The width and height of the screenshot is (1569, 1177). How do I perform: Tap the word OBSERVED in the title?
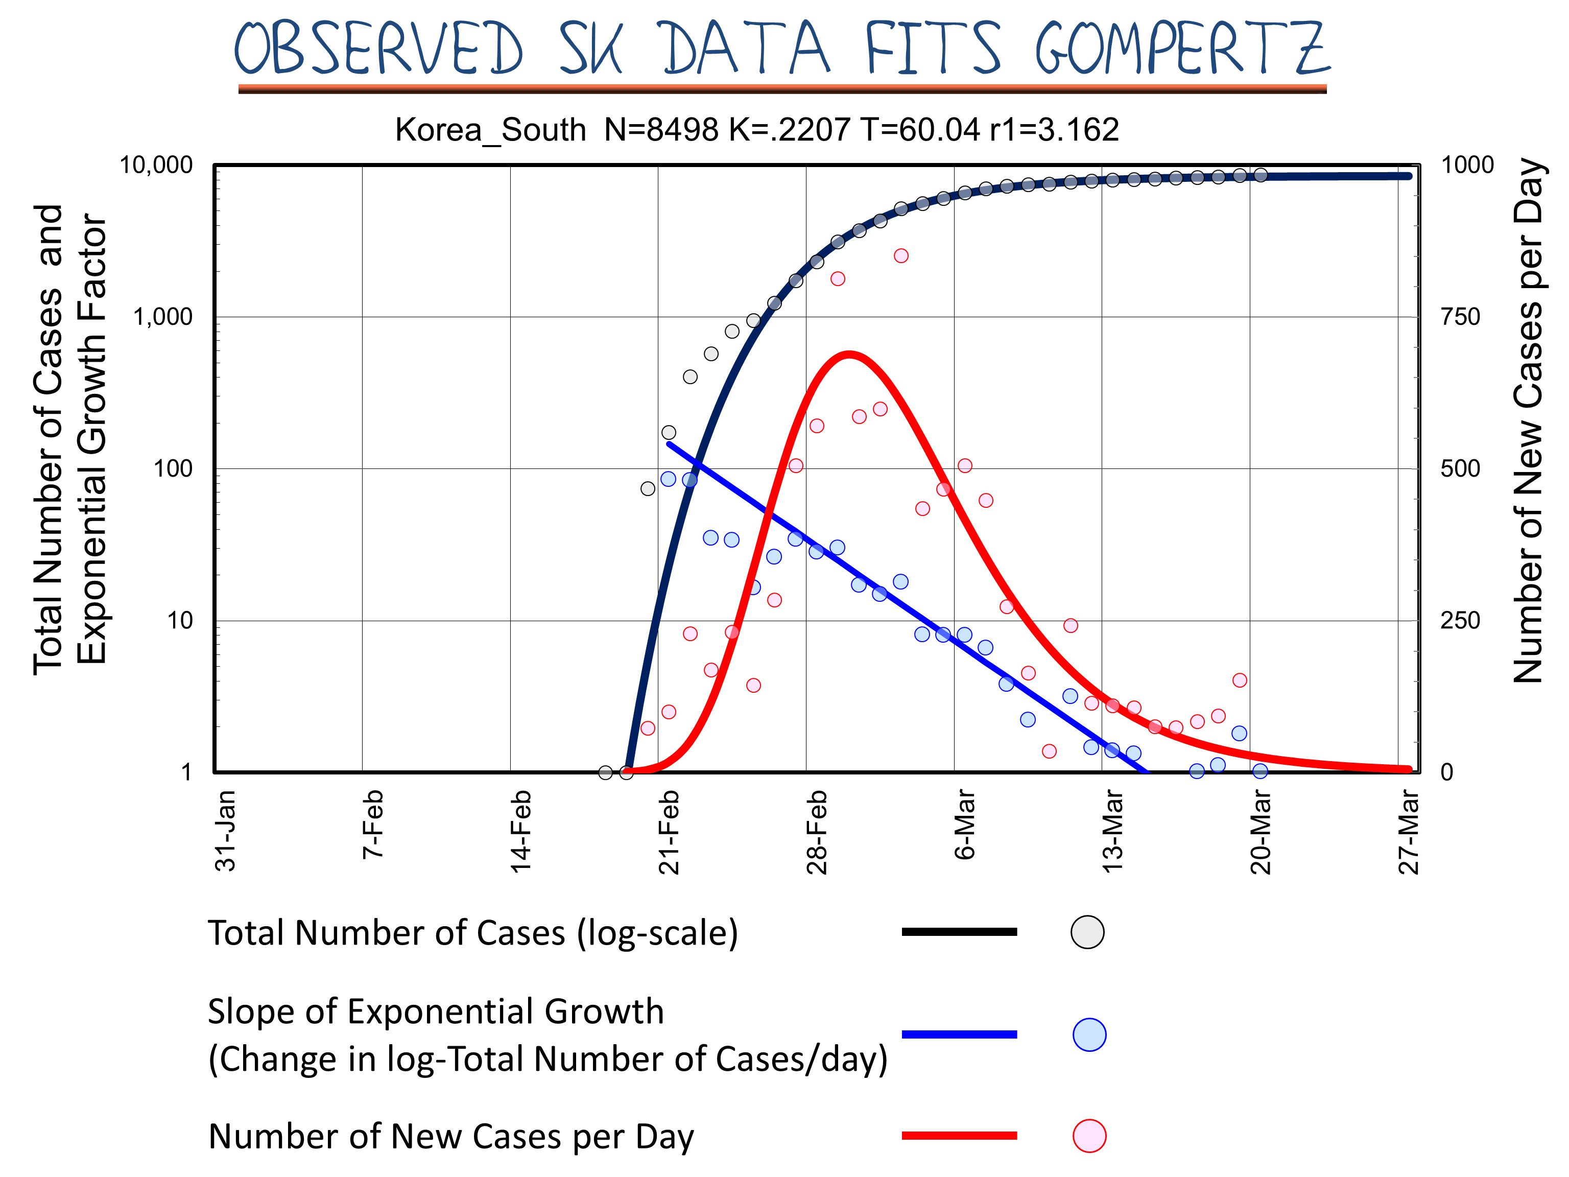pyautogui.click(x=379, y=48)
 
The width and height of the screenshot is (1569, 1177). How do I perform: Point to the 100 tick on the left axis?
pyautogui.click(x=173, y=468)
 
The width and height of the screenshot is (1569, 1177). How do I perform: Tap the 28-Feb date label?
pyautogui.click(x=817, y=832)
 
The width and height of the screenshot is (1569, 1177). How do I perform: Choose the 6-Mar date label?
pyautogui.click(x=965, y=825)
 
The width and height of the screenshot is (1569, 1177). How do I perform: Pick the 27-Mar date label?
pyautogui.click(x=1409, y=832)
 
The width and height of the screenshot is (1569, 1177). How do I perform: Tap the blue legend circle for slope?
pyautogui.click(x=1089, y=1034)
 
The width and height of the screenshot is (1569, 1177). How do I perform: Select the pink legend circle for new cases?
pyautogui.click(x=1089, y=1136)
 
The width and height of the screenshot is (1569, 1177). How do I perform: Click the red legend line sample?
pyautogui.click(x=959, y=1136)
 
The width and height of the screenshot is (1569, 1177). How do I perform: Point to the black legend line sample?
pyautogui.click(x=959, y=931)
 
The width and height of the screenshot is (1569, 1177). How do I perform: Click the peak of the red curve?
pyautogui.click(x=849, y=354)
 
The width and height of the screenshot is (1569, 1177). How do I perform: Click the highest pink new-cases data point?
pyautogui.click(x=901, y=255)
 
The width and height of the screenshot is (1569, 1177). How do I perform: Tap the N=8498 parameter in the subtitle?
pyautogui.click(x=661, y=130)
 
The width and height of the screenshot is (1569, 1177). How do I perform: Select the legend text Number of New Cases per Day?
pyautogui.click(x=451, y=1137)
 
